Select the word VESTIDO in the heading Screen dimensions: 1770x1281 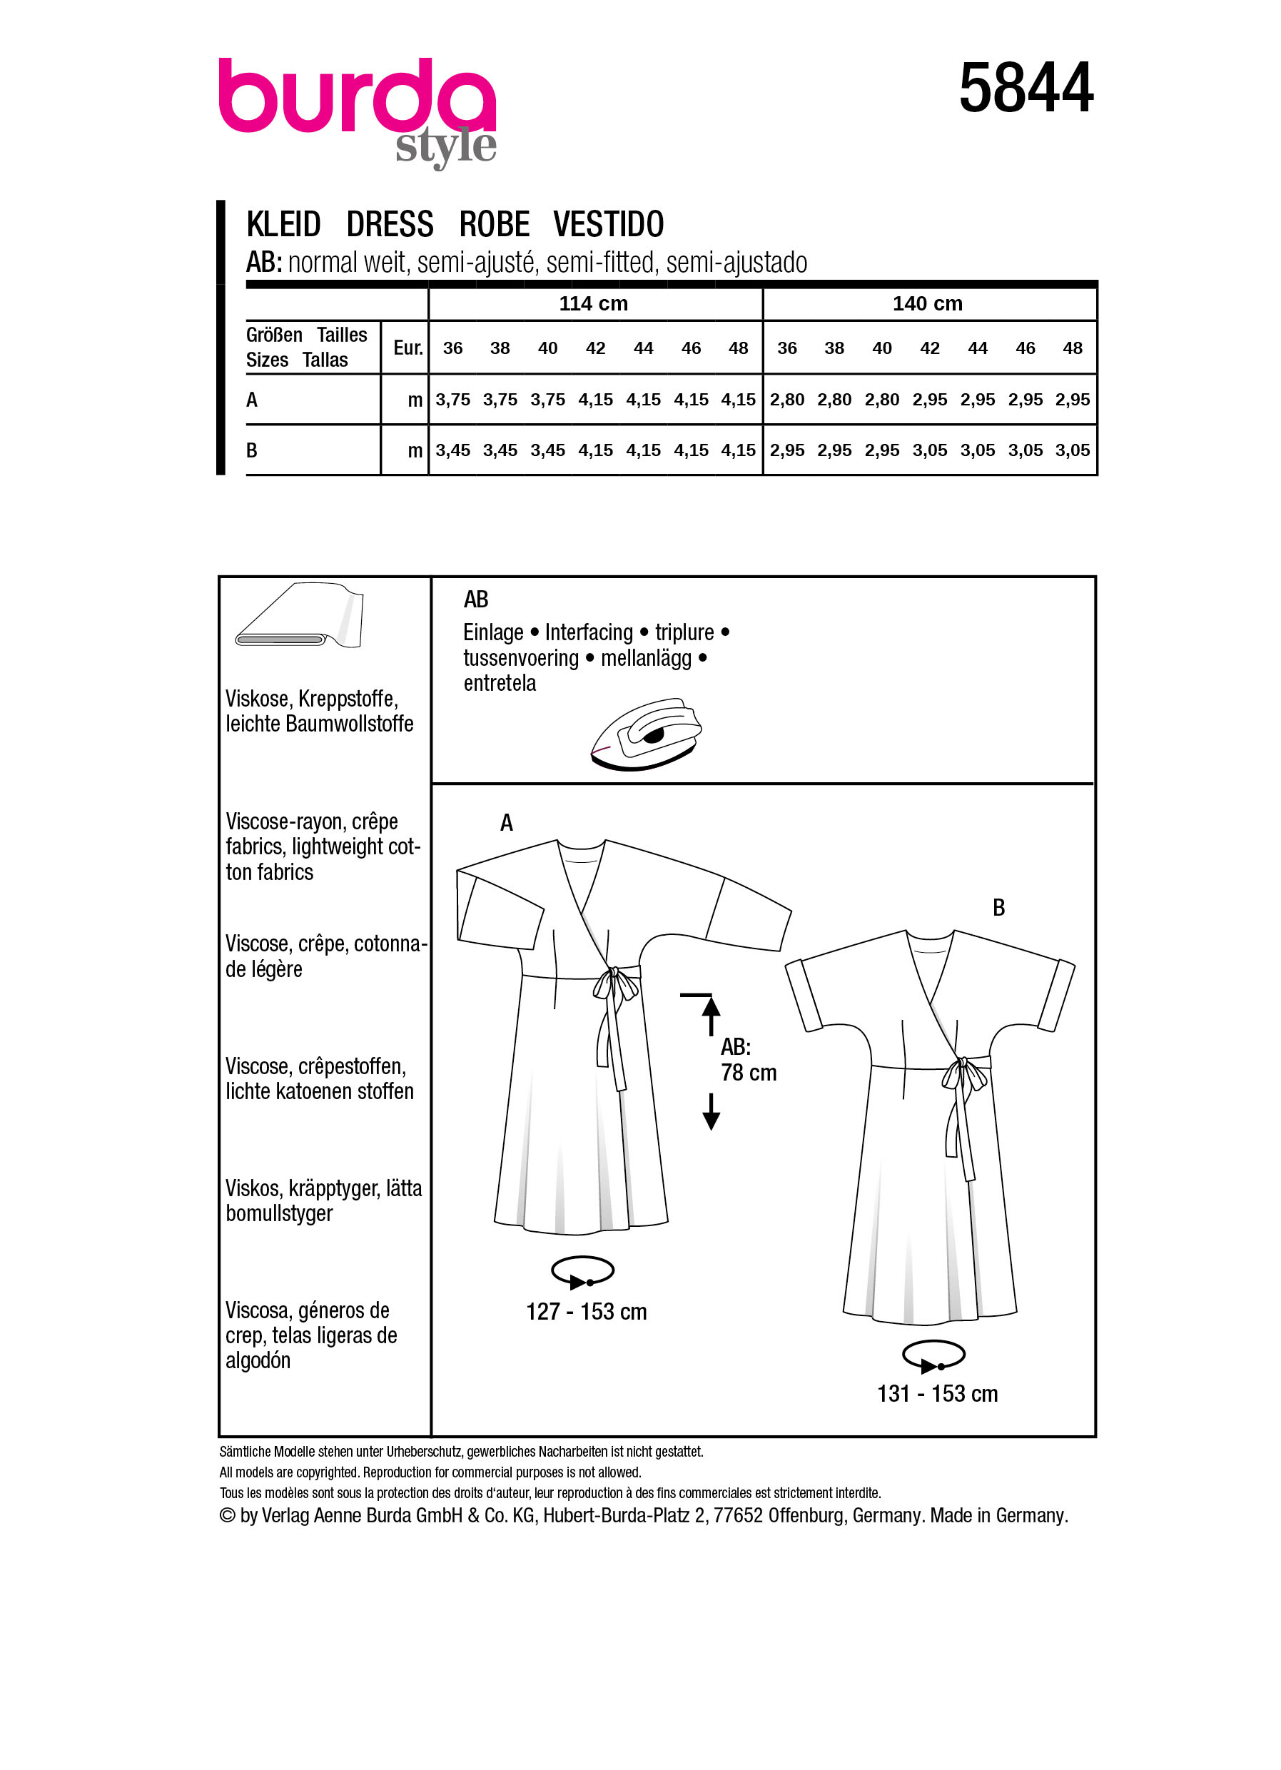tap(608, 225)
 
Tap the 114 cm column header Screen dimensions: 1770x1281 tap(593, 303)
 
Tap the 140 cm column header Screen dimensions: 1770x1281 tap(927, 303)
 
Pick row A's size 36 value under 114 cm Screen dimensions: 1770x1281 tap(452, 400)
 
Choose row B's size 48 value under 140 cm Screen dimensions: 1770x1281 tap(1072, 450)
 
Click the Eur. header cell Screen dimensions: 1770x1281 tap(407, 348)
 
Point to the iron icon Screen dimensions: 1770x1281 tap(646, 734)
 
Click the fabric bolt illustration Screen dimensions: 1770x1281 tap(300, 616)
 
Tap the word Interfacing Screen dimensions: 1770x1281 tap(588, 632)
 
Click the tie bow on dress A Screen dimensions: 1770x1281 tap(614, 985)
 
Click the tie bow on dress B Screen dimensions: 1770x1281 tap(963, 1075)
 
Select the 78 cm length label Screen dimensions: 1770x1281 tap(748, 1073)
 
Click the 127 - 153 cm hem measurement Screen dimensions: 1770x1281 tap(586, 1312)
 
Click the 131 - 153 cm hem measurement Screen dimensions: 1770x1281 tap(937, 1394)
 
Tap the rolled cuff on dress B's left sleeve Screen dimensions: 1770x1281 tap(804, 996)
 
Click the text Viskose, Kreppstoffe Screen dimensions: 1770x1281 tap(311, 699)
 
